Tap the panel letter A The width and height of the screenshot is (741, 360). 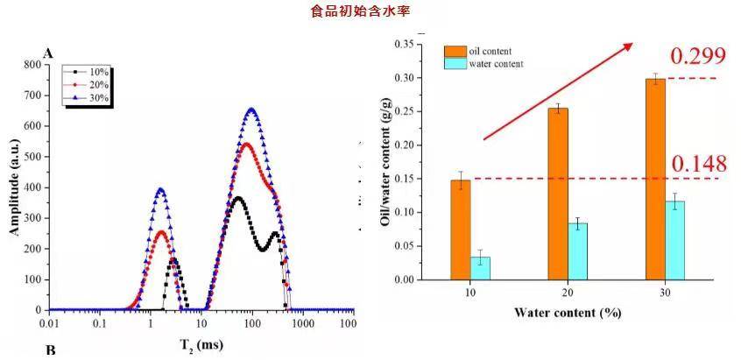point(48,53)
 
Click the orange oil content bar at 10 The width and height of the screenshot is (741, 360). point(461,229)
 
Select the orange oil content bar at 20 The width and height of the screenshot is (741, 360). point(558,194)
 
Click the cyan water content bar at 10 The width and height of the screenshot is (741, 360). point(481,268)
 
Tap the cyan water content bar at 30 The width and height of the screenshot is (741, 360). point(674,240)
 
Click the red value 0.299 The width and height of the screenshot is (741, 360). point(698,57)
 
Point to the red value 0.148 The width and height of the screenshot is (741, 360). point(698,164)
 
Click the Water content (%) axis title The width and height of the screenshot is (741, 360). point(568,313)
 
